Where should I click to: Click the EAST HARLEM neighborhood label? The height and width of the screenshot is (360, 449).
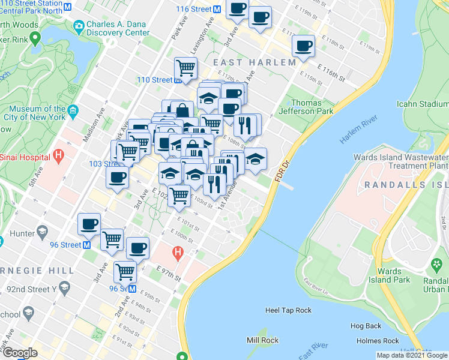pyautogui.click(x=253, y=62)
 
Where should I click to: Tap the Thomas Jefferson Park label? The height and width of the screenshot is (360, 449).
pyautogui.click(x=312, y=107)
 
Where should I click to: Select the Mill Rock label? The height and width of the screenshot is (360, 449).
pyautogui.click(x=261, y=340)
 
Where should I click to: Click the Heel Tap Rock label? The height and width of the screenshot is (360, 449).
pyautogui.click(x=288, y=310)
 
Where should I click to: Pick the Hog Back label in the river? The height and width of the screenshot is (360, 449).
pyautogui.click(x=366, y=326)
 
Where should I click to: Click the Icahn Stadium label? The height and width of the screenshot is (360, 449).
pyautogui.click(x=423, y=103)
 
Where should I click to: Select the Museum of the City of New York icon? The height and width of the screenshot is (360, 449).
pyautogui.click(x=73, y=110)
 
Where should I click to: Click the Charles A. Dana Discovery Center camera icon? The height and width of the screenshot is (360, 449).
pyautogui.click(x=77, y=27)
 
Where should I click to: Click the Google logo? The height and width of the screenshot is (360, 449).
pyautogui.click(x=19, y=352)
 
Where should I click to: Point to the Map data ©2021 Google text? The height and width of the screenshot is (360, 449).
pyautogui.click(x=411, y=355)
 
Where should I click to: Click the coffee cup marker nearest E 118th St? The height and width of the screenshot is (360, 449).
pyautogui.click(x=303, y=46)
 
